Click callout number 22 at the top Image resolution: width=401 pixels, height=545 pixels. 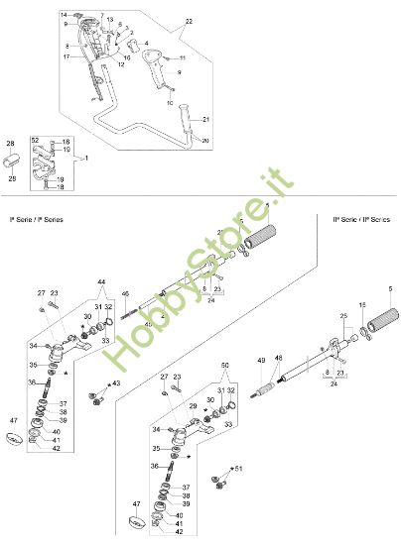[x=189, y=20]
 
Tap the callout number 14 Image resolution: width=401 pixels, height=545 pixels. [x=64, y=16]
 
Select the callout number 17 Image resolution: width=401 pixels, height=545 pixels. [x=67, y=57]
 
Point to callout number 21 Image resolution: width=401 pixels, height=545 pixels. [x=208, y=120]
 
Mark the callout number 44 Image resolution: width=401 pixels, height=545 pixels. [x=100, y=282]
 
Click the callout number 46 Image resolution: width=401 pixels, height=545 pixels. [x=125, y=294]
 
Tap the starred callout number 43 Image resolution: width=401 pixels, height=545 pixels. [x=116, y=383]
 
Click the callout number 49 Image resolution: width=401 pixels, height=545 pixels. [x=259, y=361]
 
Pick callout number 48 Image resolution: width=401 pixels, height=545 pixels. [x=278, y=357]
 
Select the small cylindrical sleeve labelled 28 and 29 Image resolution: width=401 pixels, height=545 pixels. [x=13, y=163]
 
